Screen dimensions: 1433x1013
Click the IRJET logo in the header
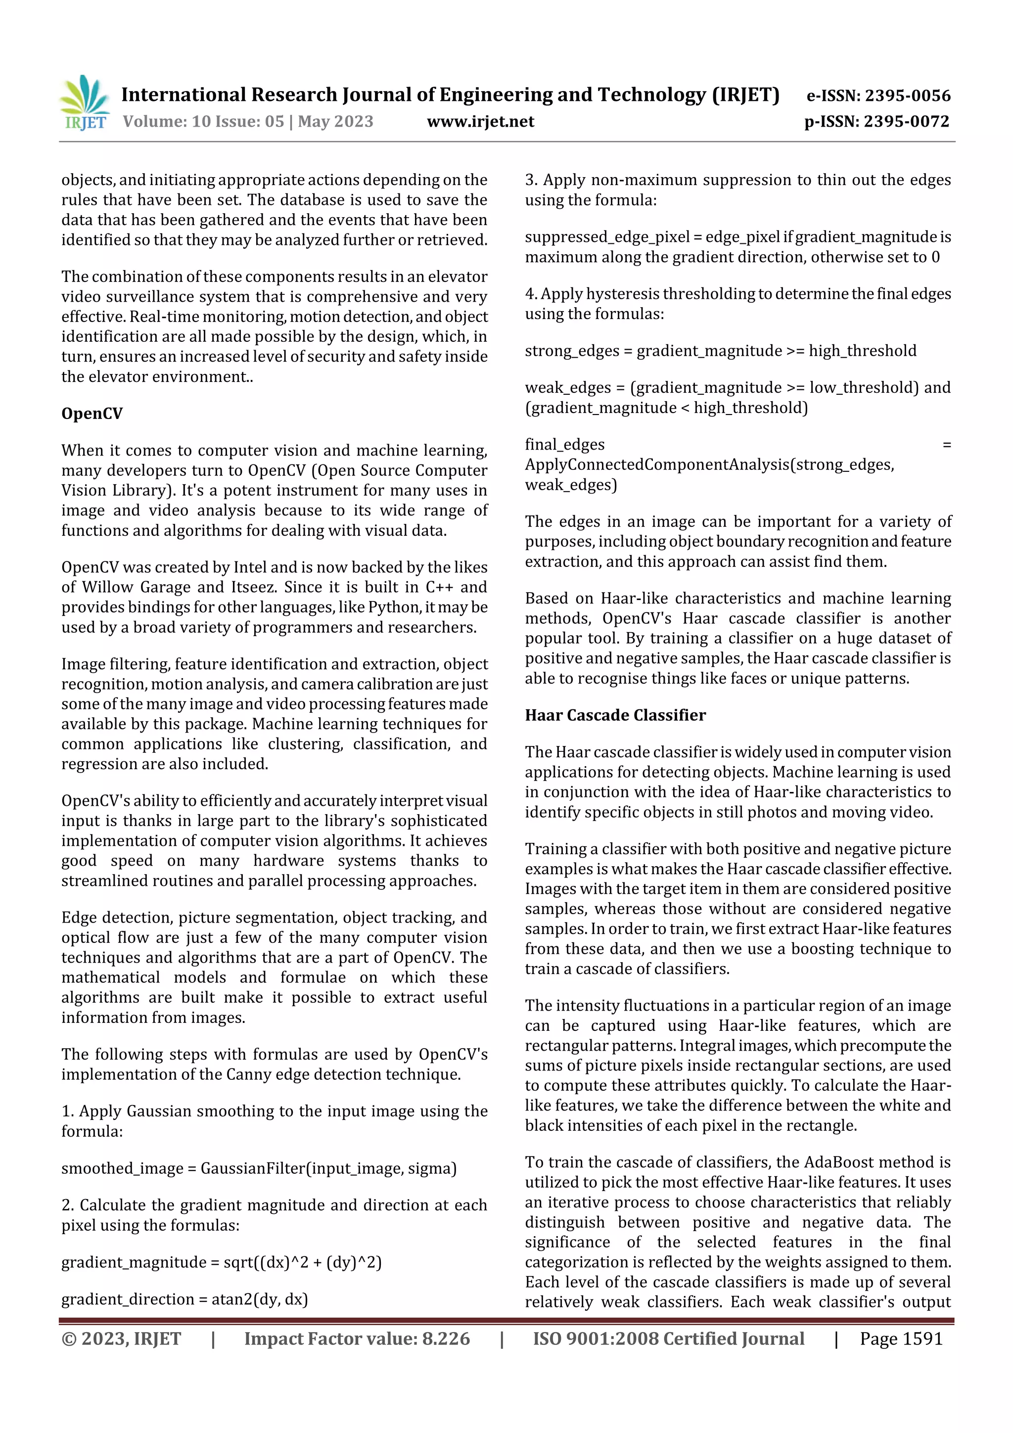pyautogui.click(x=84, y=103)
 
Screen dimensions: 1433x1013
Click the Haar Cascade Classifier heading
pyautogui.click(x=615, y=715)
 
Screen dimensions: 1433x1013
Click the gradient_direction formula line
pyautogui.click(x=185, y=1299)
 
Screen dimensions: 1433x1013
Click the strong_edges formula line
pyautogui.click(x=720, y=351)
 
